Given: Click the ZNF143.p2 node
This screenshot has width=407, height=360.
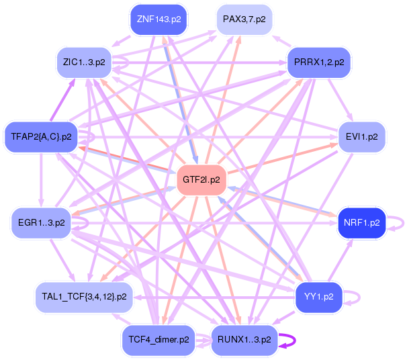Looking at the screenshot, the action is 159,19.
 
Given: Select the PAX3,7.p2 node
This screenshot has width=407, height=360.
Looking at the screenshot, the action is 244,19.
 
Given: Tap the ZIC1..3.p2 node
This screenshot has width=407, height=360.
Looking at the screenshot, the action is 84,62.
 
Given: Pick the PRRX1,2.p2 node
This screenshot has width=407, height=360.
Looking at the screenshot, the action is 319,62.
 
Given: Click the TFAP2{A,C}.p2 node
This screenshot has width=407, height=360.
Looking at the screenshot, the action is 41,136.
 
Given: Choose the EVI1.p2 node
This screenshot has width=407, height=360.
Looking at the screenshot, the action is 361,136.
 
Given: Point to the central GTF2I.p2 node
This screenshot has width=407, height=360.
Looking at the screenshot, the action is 201,179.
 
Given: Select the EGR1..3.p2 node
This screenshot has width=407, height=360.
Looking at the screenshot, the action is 41,223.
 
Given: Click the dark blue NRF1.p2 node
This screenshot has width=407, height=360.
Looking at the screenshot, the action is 361,223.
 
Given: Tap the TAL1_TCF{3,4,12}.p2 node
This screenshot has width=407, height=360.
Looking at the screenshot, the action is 84,297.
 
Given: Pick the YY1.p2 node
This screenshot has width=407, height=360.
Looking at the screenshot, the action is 319,297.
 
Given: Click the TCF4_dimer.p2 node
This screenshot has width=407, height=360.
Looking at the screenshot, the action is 159,339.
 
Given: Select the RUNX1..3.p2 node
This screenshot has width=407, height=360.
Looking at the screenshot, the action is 244,339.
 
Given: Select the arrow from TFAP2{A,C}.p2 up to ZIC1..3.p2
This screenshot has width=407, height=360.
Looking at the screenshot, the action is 62,100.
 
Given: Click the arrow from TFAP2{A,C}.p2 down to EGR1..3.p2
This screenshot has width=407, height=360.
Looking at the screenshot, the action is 41,179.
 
